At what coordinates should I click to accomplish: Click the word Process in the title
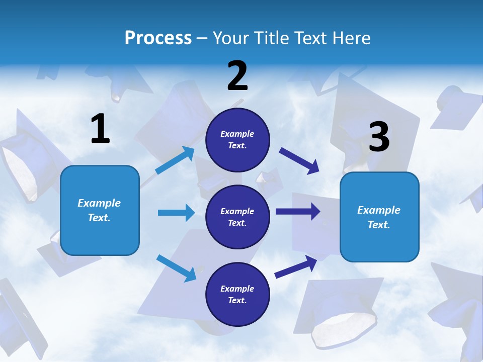pyautogui.click(x=158, y=38)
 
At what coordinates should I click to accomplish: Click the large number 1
pyautogui.click(x=101, y=128)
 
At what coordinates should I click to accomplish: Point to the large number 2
pyautogui.click(x=237, y=75)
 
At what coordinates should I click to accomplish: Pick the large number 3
pyautogui.click(x=379, y=136)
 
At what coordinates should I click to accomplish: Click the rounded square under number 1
pyautogui.click(x=100, y=211)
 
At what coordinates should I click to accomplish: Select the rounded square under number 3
pyautogui.click(x=379, y=217)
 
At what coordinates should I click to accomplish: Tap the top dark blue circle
pyautogui.click(x=237, y=140)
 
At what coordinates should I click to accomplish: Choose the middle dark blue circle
pyautogui.click(x=237, y=217)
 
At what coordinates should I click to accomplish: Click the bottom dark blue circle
pyautogui.click(x=237, y=294)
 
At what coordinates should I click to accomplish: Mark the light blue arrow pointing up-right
pyautogui.click(x=175, y=160)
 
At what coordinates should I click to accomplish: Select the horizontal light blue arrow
pyautogui.click(x=177, y=212)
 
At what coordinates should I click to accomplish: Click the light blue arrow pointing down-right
pyautogui.click(x=177, y=268)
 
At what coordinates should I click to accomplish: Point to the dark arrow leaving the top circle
pyautogui.click(x=299, y=161)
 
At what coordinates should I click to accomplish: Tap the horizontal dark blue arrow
pyautogui.click(x=298, y=212)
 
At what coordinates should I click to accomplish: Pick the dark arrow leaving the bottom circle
pyautogui.click(x=296, y=267)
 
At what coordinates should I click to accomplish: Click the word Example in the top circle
pyautogui.click(x=237, y=134)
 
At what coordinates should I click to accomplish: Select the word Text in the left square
pyautogui.click(x=99, y=218)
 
